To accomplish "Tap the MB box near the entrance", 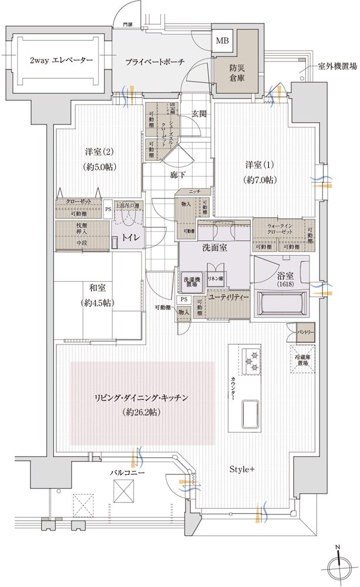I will point(223,41).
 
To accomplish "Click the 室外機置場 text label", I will point(336,67).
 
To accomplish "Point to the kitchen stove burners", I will point(251,359).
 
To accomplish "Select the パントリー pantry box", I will point(306,332).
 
